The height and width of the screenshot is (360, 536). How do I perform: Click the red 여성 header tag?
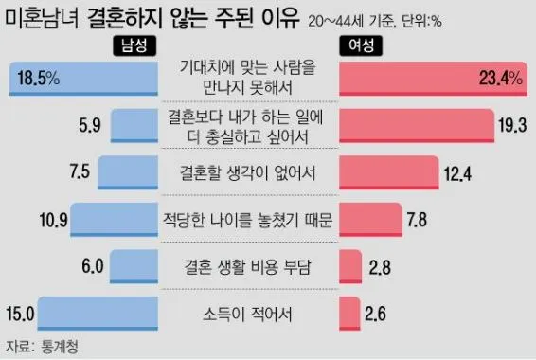coord(361,46)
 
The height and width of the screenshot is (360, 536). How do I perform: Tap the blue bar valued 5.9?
coord(139,125)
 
